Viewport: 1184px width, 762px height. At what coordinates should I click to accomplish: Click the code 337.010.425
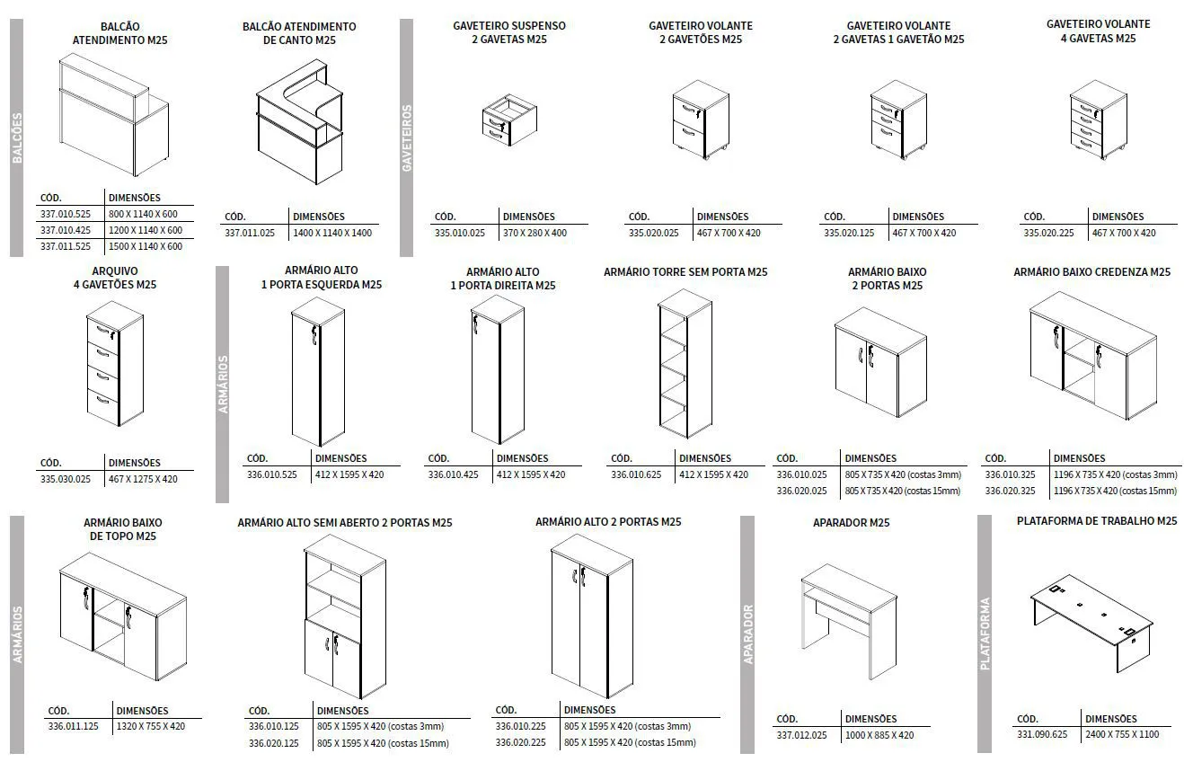(x=66, y=230)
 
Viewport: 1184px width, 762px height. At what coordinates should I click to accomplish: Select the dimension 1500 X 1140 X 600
(x=145, y=246)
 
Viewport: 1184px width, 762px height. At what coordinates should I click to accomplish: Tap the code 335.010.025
(x=459, y=233)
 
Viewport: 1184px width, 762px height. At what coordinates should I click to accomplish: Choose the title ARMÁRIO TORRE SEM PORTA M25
(x=685, y=272)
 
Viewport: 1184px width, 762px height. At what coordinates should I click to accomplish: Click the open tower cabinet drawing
(x=685, y=364)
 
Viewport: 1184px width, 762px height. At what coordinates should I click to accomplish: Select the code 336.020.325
(x=1010, y=491)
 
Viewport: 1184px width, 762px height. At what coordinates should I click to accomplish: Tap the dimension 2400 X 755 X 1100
(x=1122, y=734)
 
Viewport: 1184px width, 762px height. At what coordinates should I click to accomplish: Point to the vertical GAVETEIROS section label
(x=407, y=138)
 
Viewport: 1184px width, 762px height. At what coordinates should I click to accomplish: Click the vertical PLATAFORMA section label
(x=985, y=634)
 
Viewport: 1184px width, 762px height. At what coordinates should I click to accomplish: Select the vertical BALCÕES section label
(x=17, y=138)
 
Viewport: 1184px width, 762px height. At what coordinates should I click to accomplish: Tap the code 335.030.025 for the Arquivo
(x=66, y=479)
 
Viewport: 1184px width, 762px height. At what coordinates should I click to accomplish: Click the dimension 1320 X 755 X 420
(x=151, y=726)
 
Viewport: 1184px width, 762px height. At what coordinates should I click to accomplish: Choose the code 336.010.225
(x=521, y=726)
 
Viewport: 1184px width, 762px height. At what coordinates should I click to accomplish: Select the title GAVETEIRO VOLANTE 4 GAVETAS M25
(x=1098, y=31)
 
